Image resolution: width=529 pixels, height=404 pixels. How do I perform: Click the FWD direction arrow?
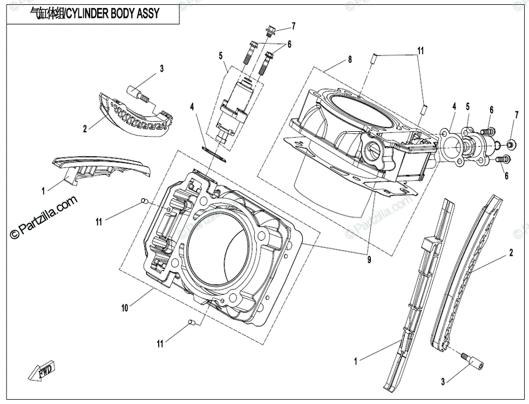point(41,372)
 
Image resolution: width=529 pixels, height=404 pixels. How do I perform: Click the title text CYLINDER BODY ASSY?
point(112,13)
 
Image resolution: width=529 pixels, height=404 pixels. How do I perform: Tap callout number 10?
point(125,308)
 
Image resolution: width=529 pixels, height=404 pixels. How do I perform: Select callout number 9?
point(369,260)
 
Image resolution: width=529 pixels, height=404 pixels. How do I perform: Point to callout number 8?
point(350,59)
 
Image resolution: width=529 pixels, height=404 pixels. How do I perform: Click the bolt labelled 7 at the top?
point(270,31)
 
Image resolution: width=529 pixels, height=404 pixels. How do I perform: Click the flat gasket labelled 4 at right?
point(450,147)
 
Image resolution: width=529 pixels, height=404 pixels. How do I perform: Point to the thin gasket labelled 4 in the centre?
point(214,153)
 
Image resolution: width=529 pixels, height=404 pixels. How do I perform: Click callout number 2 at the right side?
point(511,252)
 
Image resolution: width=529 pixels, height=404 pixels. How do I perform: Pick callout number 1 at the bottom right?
point(356,361)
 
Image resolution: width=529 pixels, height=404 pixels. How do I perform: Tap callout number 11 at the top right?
point(421,51)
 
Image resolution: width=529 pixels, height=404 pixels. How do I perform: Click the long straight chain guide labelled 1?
point(419,294)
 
